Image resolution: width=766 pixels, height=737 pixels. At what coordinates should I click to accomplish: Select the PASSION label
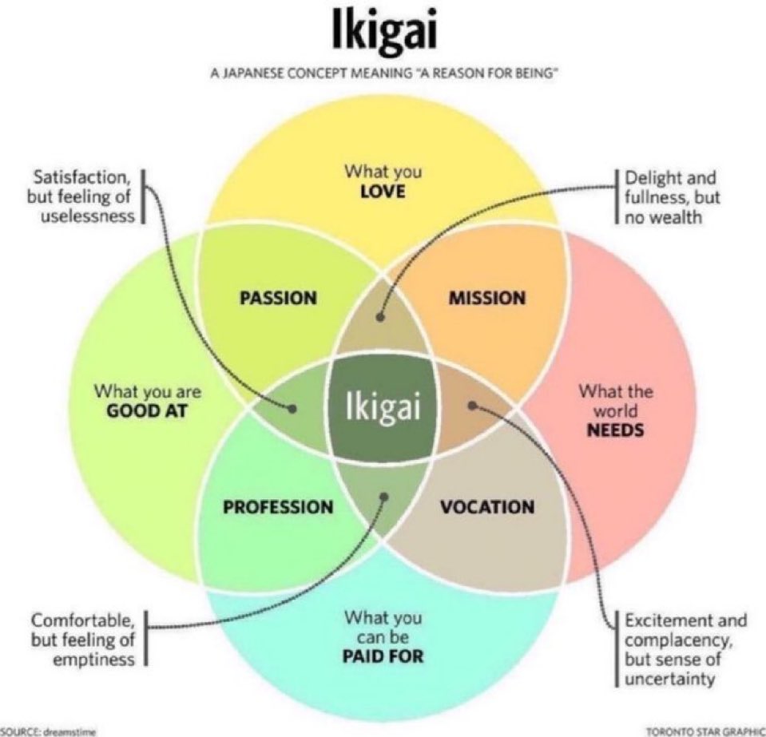[x=278, y=298]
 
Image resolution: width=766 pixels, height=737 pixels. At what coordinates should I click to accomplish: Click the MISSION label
[x=487, y=298]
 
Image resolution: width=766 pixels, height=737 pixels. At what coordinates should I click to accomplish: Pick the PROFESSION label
[x=278, y=506]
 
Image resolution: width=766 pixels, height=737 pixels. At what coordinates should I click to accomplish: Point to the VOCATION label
[x=487, y=506]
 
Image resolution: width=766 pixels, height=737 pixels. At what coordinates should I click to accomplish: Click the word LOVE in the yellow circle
[x=383, y=192]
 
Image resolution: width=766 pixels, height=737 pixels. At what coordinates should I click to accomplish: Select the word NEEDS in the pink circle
[x=616, y=430]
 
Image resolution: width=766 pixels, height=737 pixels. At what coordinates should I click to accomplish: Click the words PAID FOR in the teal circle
[x=383, y=657]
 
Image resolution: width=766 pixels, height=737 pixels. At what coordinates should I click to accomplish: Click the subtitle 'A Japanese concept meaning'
[x=383, y=75]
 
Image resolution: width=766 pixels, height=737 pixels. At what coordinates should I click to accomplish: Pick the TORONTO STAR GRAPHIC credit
[x=704, y=730]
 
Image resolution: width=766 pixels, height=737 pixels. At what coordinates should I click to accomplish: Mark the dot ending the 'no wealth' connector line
[x=381, y=316]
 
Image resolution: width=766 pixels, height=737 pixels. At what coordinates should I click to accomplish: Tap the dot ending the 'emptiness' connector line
[x=384, y=496]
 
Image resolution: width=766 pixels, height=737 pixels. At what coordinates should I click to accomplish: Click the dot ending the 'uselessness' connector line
[x=293, y=407]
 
